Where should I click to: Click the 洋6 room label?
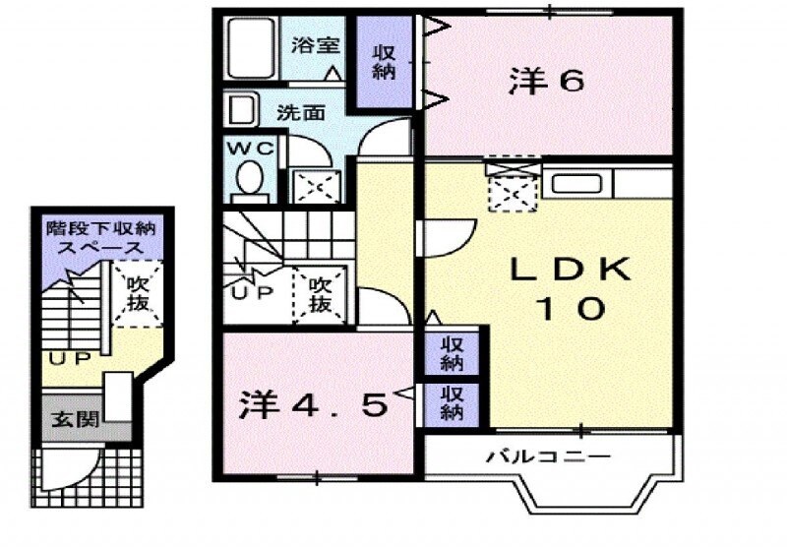point(547,82)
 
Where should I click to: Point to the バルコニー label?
point(549,456)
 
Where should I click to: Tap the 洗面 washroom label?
point(300,112)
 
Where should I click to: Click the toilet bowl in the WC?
point(250,180)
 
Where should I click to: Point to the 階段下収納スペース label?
point(101,237)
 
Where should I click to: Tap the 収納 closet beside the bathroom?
point(384,61)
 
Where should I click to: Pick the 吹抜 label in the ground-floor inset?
point(138,292)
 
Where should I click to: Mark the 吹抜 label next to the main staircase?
point(319,293)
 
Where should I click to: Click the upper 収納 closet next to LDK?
point(452,354)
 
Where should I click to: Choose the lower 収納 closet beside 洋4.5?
point(452,403)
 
